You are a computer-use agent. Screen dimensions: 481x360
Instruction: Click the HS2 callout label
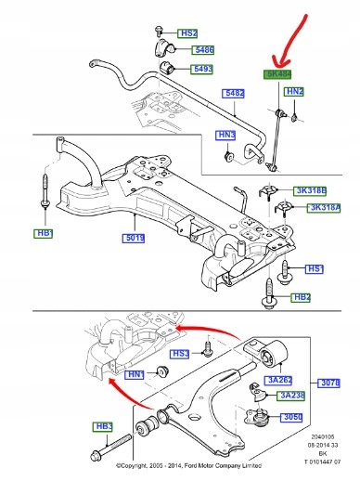(188, 32)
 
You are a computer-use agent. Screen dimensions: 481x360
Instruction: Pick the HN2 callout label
(294, 92)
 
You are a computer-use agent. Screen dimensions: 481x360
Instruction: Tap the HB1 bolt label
(45, 232)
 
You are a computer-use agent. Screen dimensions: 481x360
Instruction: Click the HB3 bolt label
(103, 427)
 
